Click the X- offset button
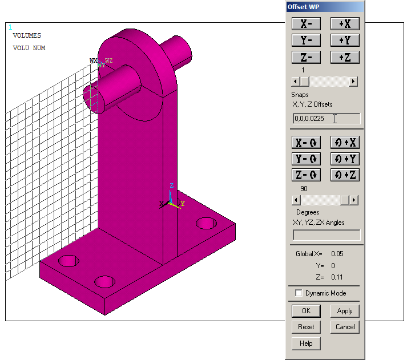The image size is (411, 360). click(306, 24)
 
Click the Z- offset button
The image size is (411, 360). click(306, 58)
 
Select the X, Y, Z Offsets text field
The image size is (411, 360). click(326, 119)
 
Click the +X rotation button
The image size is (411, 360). click(345, 143)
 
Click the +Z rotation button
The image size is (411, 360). click(345, 175)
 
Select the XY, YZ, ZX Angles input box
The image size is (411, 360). click(326, 235)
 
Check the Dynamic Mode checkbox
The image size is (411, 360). click(299, 293)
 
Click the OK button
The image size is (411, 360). click(306, 311)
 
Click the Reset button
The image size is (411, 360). click(306, 327)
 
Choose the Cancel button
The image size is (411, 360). click(345, 327)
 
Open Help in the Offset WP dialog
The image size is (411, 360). click(306, 343)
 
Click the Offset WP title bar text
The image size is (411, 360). click(303, 7)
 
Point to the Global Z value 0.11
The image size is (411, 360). click(337, 277)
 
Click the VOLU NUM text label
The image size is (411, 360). click(29, 48)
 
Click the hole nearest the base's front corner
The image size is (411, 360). click(104, 281)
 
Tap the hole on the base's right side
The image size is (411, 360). click(206, 223)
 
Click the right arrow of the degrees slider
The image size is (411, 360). click(354, 200)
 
